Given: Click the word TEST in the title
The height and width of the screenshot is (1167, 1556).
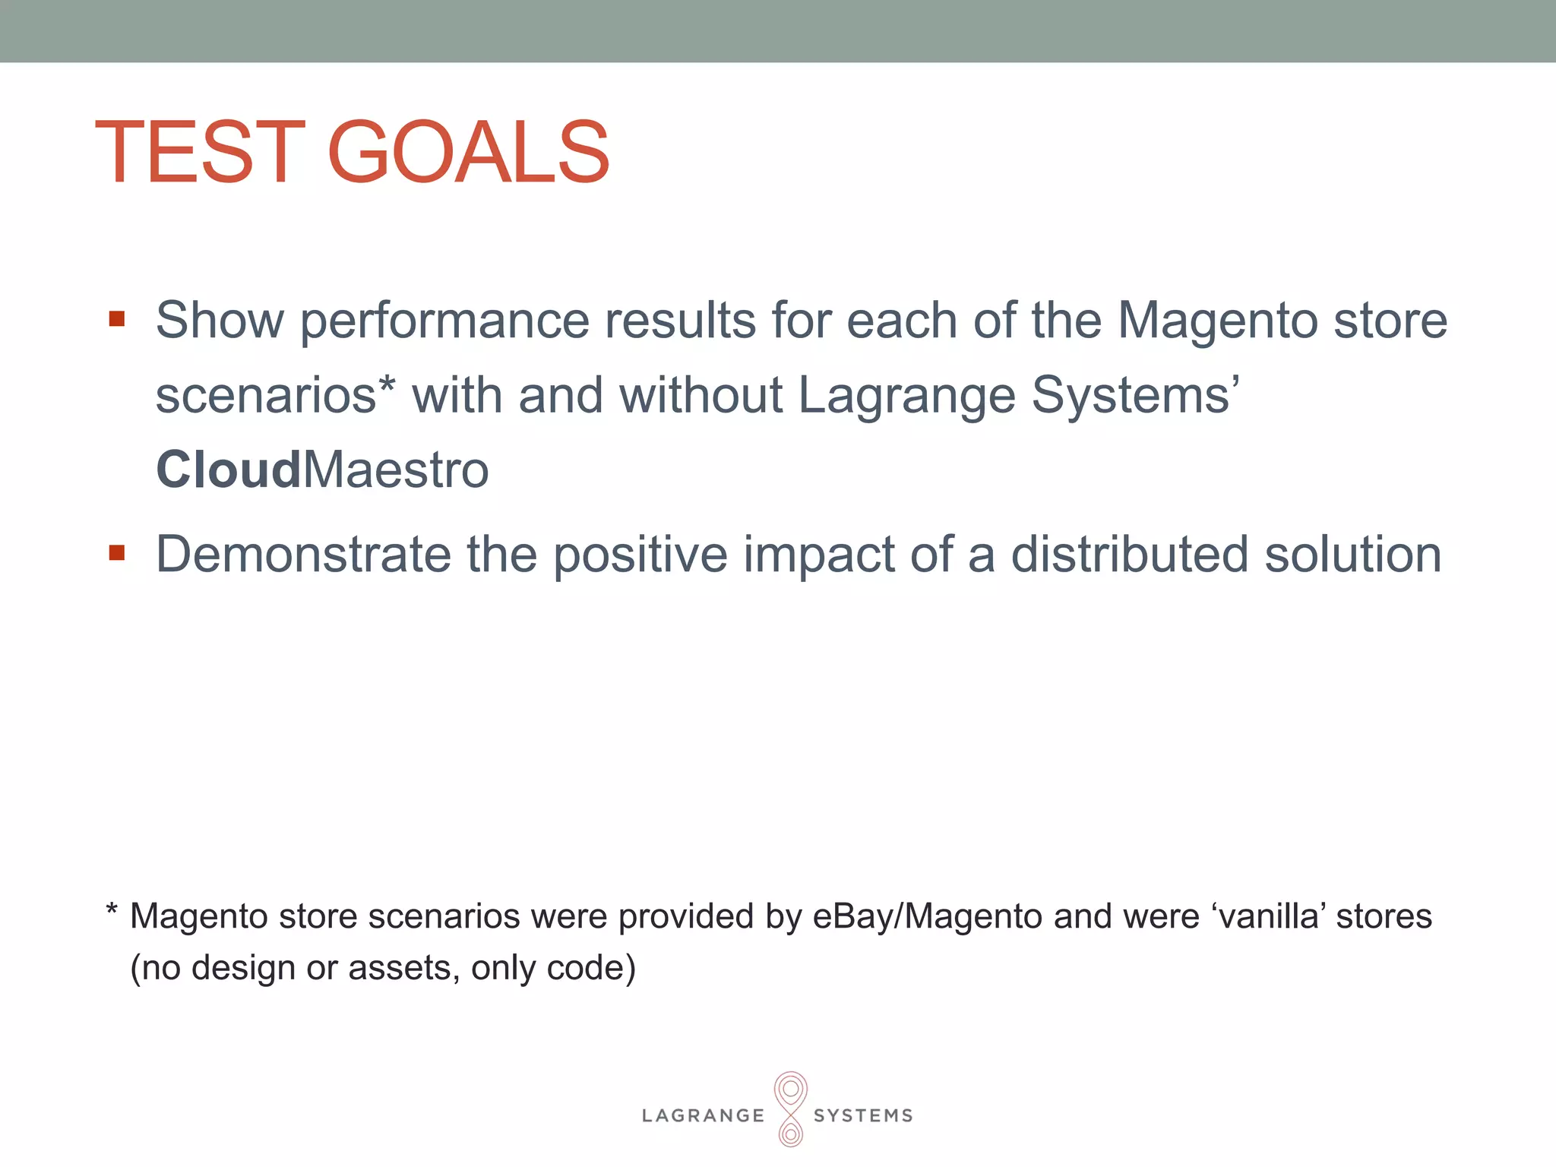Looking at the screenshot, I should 200,153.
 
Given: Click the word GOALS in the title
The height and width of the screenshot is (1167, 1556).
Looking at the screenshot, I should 468,153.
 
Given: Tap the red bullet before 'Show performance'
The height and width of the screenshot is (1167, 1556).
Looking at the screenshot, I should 116,318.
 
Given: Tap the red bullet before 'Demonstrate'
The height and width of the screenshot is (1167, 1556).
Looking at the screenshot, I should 116,552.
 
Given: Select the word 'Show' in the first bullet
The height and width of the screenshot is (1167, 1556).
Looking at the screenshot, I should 220,320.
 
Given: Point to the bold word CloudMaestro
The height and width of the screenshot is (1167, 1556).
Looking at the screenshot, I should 322,470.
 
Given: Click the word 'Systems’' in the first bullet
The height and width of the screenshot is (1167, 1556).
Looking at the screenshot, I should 1135,396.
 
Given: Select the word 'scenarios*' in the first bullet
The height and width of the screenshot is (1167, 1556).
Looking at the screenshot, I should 276,396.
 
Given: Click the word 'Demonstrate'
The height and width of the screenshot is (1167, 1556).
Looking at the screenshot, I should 303,555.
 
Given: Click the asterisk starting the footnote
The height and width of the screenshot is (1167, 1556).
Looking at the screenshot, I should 112,909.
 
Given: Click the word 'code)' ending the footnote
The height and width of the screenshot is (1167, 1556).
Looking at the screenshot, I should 591,968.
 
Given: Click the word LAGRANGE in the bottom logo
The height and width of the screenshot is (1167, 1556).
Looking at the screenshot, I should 703,1115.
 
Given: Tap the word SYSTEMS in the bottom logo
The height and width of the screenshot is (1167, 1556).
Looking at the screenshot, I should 863,1115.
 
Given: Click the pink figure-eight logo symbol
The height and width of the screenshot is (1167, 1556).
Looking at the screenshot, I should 790,1108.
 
